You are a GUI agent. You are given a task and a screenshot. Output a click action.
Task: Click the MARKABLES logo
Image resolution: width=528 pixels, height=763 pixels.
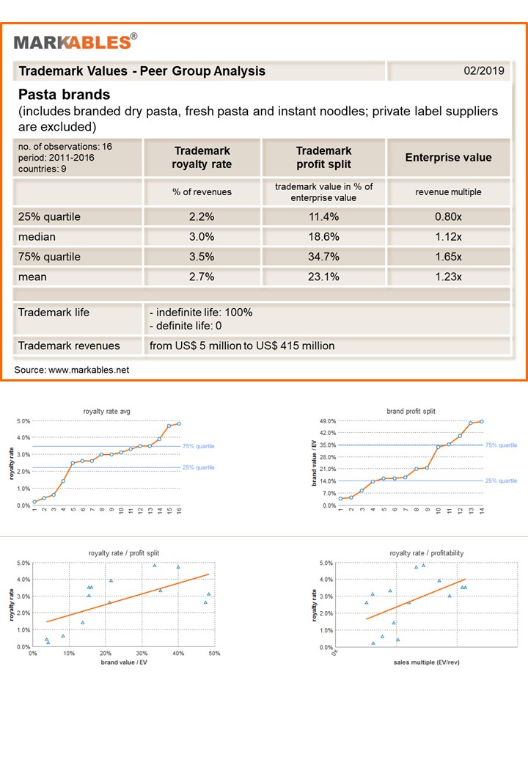point(76,42)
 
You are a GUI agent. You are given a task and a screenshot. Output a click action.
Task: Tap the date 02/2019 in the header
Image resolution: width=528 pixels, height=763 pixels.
point(484,70)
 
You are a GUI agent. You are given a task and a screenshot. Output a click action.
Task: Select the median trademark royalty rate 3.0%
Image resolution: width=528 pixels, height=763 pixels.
point(201,237)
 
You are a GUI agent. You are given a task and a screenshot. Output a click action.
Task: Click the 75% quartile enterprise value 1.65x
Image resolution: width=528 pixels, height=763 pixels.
point(448,257)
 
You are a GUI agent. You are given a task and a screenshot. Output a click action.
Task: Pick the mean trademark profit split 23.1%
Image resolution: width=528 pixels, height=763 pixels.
point(323,277)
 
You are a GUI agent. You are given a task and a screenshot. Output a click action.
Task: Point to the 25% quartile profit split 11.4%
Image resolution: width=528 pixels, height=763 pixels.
point(323,217)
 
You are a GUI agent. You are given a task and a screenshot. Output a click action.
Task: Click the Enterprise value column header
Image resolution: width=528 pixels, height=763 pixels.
point(448,158)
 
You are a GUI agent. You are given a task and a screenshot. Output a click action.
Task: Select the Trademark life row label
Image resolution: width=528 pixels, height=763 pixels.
point(54,313)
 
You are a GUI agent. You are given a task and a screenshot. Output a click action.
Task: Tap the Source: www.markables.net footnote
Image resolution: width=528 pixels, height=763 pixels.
point(71,370)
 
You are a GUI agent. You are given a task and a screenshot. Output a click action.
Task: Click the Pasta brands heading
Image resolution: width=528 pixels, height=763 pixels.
point(65,95)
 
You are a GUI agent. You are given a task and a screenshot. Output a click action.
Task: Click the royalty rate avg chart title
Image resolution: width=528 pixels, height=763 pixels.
point(106,411)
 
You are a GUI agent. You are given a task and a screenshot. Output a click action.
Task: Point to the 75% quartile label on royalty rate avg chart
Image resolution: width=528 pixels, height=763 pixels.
point(198,446)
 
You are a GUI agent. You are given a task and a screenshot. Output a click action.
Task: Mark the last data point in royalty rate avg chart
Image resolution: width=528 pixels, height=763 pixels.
point(179,424)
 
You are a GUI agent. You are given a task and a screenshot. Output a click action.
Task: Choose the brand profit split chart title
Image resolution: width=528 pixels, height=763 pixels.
point(411,411)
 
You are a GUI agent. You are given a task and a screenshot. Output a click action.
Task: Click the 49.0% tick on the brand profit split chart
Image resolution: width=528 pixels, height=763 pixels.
point(328,421)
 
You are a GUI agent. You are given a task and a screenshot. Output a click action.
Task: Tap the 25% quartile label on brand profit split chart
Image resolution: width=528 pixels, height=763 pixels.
point(502,481)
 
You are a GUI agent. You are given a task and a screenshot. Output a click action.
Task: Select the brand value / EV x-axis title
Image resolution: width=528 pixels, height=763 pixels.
point(123,662)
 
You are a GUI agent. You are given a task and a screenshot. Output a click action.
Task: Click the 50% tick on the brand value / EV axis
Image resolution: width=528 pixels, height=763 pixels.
point(214,654)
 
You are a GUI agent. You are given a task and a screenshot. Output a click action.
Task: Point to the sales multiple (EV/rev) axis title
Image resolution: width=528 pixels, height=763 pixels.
point(426,662)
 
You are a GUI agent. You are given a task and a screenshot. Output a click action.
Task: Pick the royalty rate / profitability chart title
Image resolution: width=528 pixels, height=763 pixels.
point(426,553)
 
